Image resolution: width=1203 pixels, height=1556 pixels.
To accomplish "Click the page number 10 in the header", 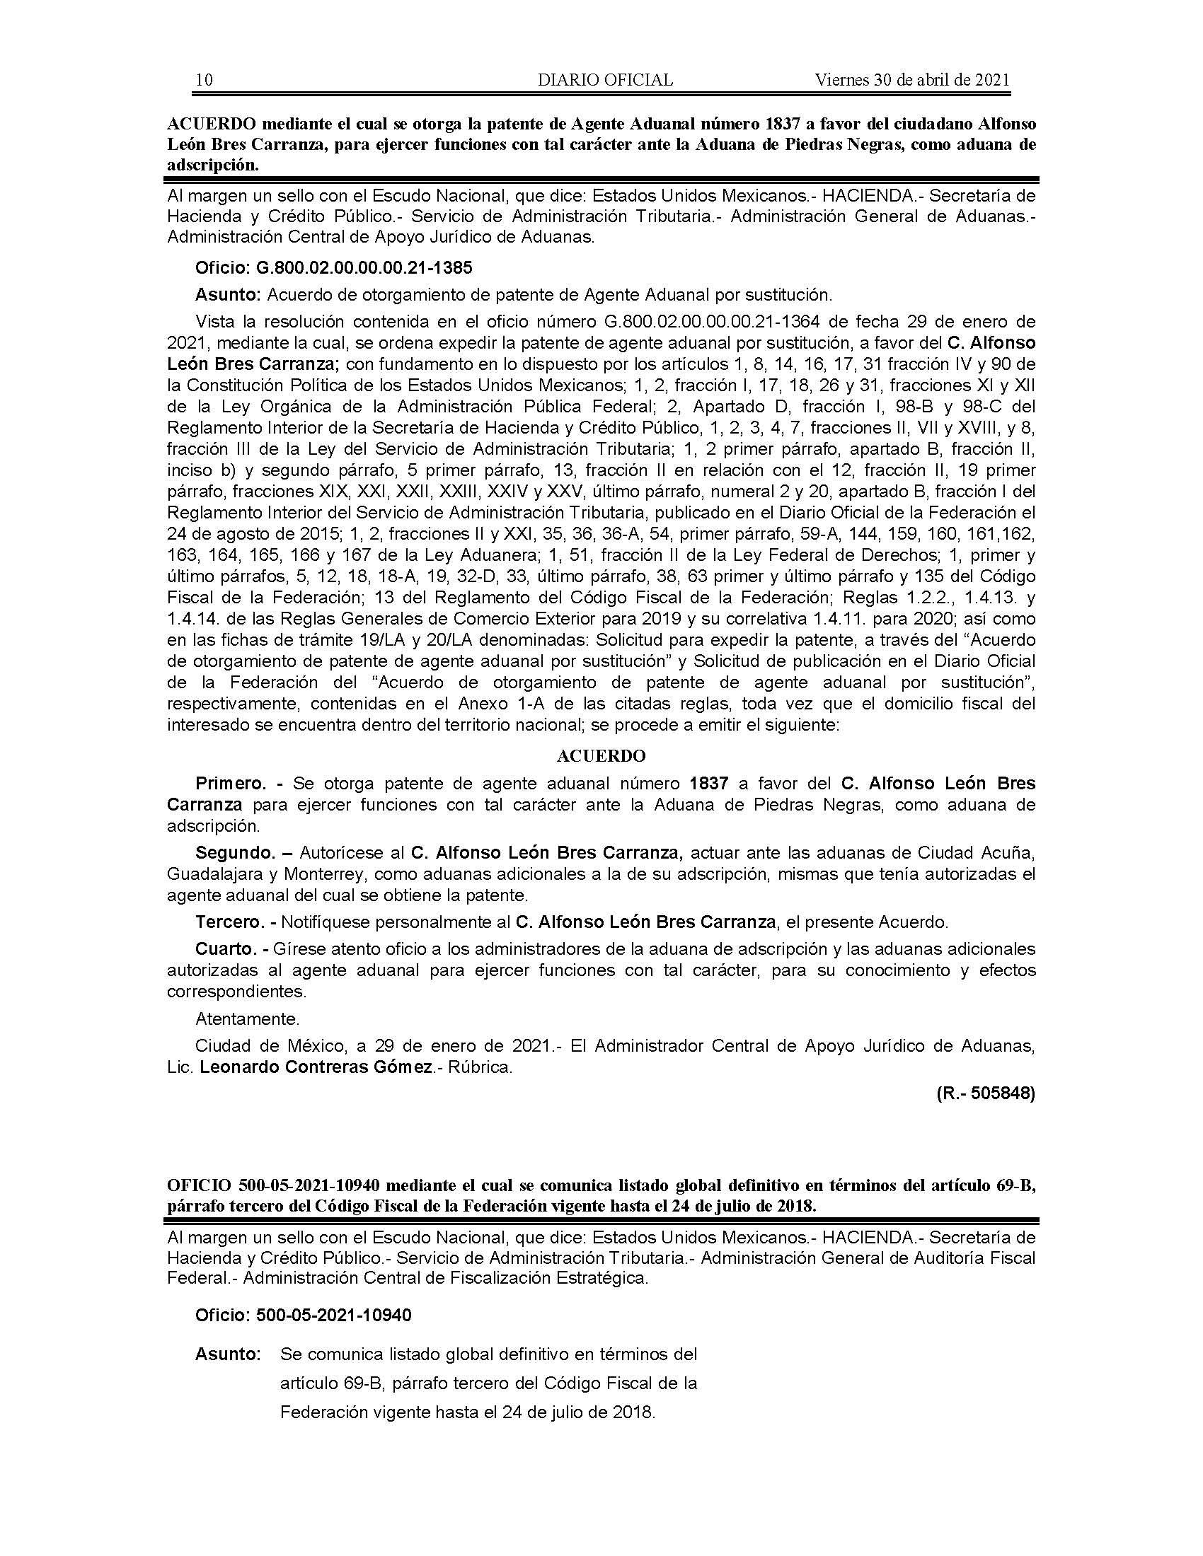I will pos(204,80).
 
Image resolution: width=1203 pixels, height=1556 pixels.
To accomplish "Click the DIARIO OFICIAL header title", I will pos(605,80).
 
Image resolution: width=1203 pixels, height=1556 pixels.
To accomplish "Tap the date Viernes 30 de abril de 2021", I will pos(912,80).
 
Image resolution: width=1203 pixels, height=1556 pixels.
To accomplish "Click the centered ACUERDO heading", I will pos(601,756).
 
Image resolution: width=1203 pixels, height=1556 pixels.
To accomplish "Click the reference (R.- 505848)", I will pos(985,1093).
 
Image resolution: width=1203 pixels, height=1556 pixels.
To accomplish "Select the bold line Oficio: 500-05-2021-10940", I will pos(304,1316).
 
